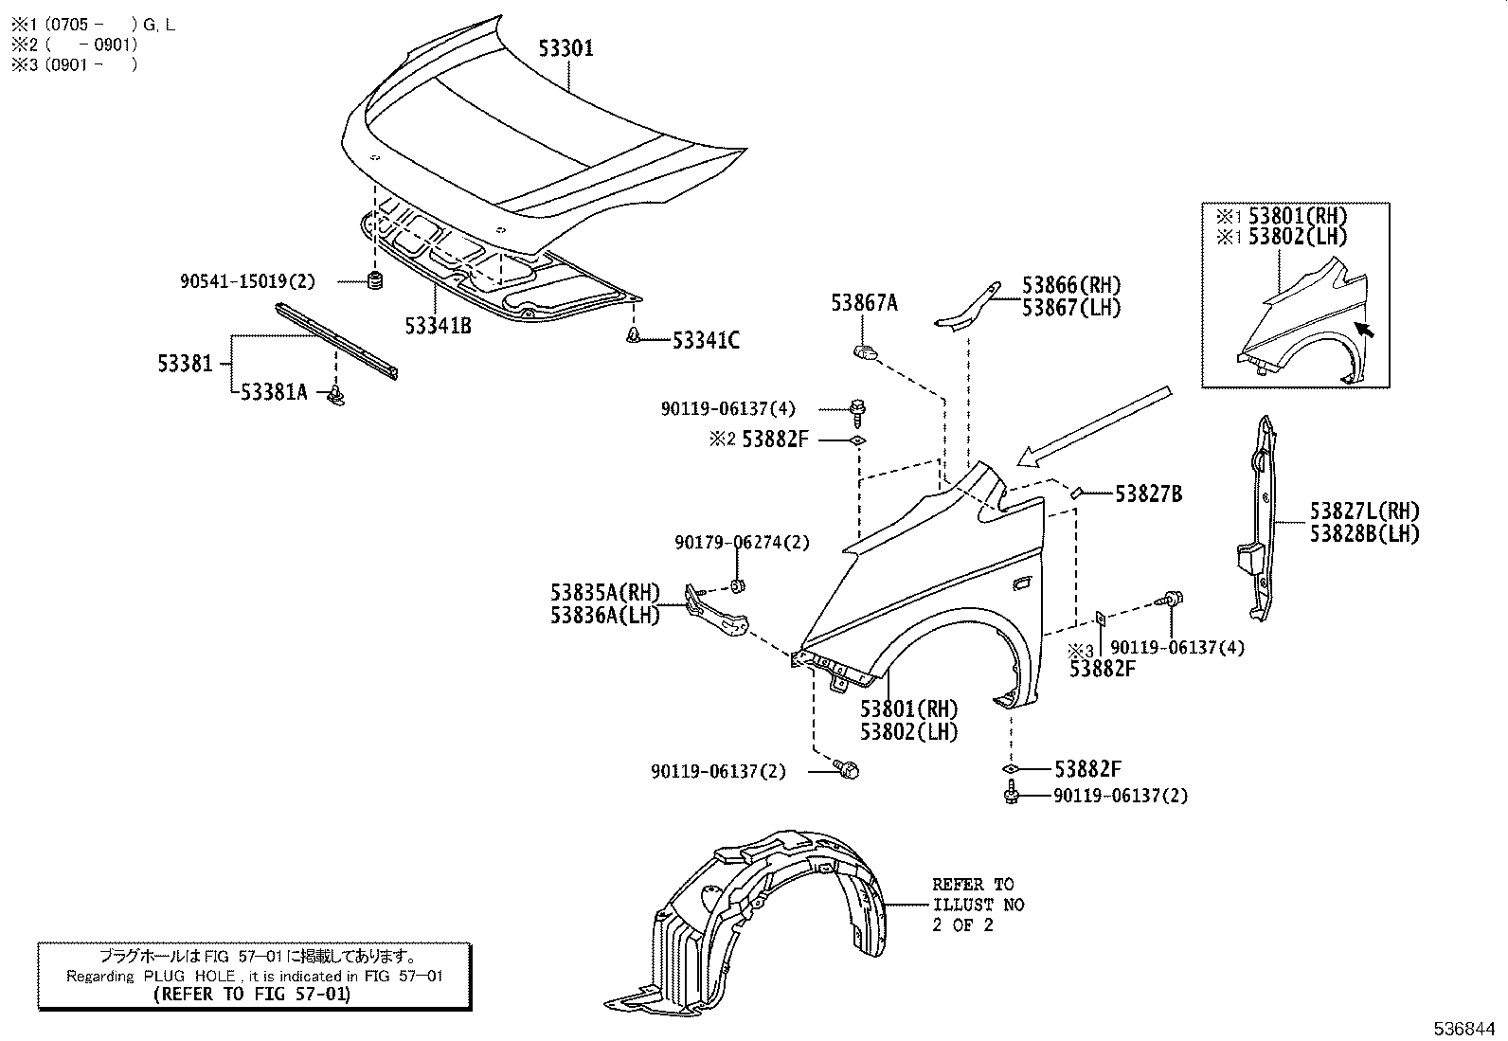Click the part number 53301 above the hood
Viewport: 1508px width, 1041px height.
pyautogui.click(x=566, y=48)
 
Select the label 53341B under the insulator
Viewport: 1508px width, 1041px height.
pyautogui.click(x=438, y=327)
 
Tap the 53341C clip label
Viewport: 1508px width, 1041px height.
pyautogui.click(x=706, y=340)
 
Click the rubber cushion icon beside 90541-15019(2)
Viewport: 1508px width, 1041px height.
pyautogui.click(x=374, y=281)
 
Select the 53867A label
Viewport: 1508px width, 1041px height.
pyautogui.click(x=864, y=303)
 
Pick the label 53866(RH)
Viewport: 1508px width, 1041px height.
pyautogui.click(x=1070, y=285)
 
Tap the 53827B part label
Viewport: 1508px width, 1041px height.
pyautogui.click(x=1148, y=494)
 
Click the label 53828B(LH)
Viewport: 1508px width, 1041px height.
pyautogui.click(x=1364, y=533)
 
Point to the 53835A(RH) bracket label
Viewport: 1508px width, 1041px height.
pyautogui.click(x=604, y=593)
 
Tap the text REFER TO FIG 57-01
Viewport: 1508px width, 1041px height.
pyautogui.click(x=254, y=995)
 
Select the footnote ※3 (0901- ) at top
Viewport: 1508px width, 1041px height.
pyautogui.click(x=74, y=64)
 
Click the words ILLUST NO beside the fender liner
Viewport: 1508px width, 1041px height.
pyautogui.click(x=978, y=905)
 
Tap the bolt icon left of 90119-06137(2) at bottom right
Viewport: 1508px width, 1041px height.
pyautogui.click(x=1011, y=795)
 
